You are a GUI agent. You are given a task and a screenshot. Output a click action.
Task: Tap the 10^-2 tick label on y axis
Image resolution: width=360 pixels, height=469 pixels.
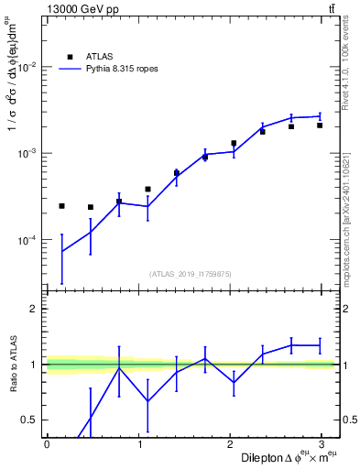(27, 67)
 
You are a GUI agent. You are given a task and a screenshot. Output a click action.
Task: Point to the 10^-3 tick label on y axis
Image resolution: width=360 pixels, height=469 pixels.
(27, 153)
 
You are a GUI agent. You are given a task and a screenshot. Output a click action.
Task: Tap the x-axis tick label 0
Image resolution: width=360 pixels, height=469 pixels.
(47, 442)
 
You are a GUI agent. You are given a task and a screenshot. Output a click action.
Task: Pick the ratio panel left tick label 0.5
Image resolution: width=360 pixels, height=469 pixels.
(32, 420)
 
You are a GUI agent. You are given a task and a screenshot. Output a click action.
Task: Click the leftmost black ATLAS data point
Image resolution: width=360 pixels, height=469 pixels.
(61, 206)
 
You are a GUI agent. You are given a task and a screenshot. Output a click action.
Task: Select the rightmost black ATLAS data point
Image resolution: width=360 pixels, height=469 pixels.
(320, 125)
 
